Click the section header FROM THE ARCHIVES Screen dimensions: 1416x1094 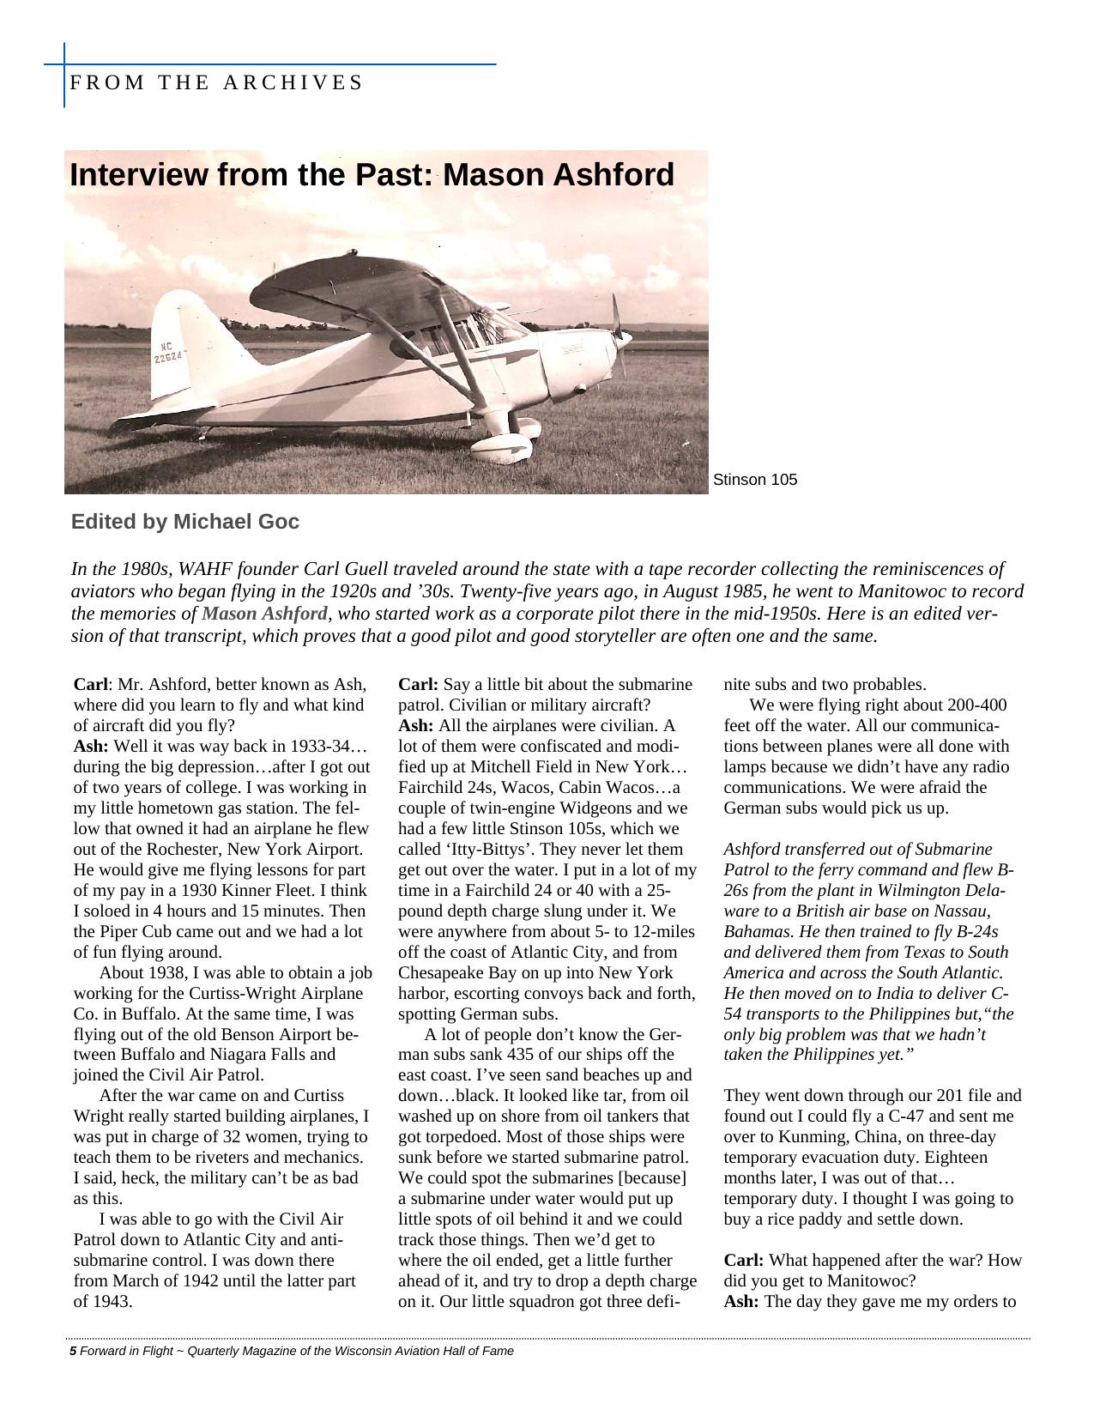[x=215, y=82]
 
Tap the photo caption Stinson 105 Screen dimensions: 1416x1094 [x=754, y=480]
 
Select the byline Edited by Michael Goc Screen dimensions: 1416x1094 [x=185, y=522]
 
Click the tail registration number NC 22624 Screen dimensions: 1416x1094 [x=168, y=351]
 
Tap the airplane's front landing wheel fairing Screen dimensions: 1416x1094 [x=501, y=446]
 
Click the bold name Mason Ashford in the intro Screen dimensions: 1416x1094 [x=264, y=614]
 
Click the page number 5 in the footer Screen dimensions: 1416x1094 [x=73, y=1351]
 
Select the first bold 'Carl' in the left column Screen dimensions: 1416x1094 [x=90, y=685]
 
